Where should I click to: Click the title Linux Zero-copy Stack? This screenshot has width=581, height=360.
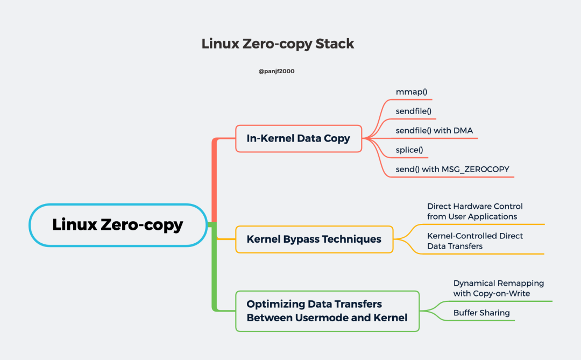278,44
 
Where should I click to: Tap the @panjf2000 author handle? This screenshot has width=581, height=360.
277,71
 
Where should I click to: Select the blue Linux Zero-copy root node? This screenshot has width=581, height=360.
118,225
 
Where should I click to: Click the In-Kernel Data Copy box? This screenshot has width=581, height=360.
299,138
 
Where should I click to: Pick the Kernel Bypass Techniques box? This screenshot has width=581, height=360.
314,239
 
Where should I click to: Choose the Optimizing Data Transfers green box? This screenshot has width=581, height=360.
327,311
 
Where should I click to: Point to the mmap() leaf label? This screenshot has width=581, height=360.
412,92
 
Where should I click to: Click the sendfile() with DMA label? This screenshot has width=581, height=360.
434,130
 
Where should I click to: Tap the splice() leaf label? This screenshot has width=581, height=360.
410,150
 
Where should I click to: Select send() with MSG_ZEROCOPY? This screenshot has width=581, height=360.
452,169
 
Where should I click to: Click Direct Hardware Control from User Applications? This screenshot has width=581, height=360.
475,211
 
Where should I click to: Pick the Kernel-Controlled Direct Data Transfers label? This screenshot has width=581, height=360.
475,241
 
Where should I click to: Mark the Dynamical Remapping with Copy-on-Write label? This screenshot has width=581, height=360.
498,288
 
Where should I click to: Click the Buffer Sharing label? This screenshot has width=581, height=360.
481,313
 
